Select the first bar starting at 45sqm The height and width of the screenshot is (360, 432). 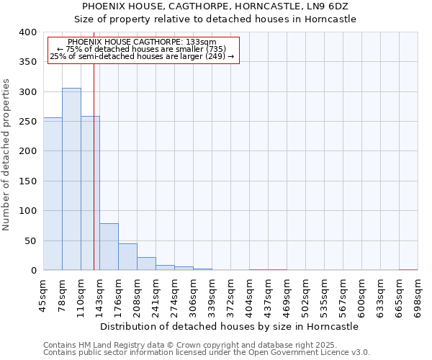click(53, 194)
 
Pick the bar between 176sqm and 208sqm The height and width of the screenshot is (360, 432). click(127, 257)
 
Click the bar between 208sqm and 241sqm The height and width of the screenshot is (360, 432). click(146, 264)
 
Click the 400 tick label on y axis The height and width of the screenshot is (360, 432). click(27, 32)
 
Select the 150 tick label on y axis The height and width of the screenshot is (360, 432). click(27, 181)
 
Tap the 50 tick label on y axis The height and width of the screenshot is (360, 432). click(30, 241)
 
